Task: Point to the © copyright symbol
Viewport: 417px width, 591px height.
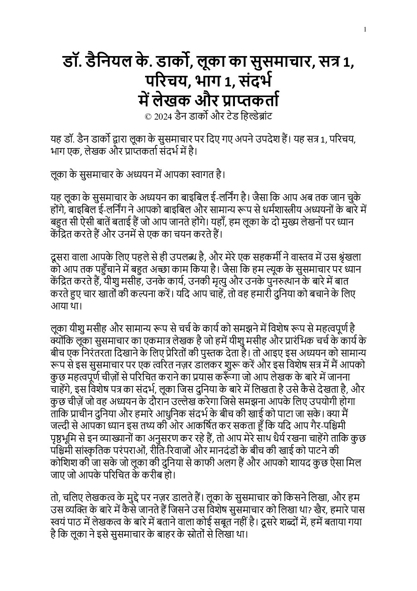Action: point(148,117)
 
